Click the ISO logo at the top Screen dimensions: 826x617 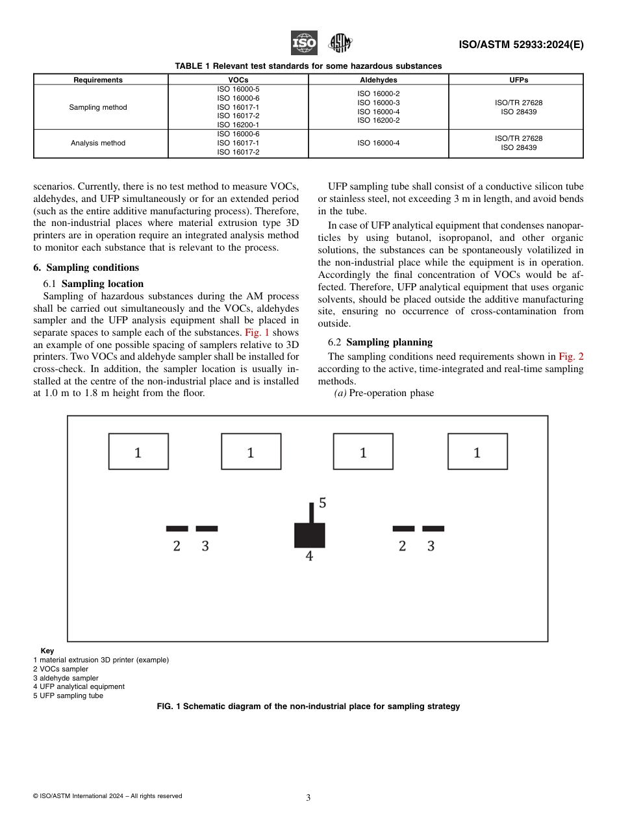tap(304, 44)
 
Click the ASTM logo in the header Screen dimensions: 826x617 tap(340, 44)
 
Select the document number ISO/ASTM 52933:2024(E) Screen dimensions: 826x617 tap(521, 45)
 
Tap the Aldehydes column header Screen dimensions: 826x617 tap(378, 80)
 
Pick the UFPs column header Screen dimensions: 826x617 tap(518, 80)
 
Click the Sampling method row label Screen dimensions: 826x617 tap(98, 107)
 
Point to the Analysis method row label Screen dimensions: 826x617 tap(98, 143)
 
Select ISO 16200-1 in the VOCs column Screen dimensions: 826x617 tap(238, 125)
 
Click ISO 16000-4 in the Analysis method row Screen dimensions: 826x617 tap(378, 143)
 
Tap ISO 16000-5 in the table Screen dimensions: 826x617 tap(238, 89)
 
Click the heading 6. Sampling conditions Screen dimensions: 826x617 tap(86, 268)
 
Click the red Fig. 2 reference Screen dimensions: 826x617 tap(571, 357)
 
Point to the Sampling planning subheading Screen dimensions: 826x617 tap(389, 342)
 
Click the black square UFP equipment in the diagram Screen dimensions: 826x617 tap(310, 535)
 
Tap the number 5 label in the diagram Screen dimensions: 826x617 tap(322, 503)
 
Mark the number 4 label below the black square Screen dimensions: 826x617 tap(309, 557)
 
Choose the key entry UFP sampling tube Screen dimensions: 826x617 tap(68, 695)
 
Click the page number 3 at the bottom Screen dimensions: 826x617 tap(308, 798)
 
